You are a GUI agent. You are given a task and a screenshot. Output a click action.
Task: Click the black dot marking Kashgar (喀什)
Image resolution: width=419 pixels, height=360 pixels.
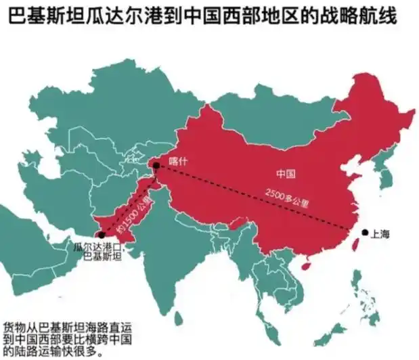156,164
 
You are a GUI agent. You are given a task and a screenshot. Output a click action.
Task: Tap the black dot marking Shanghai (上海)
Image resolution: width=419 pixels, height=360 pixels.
365,232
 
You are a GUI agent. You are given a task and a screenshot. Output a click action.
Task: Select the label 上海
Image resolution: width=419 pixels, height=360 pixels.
382,233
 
